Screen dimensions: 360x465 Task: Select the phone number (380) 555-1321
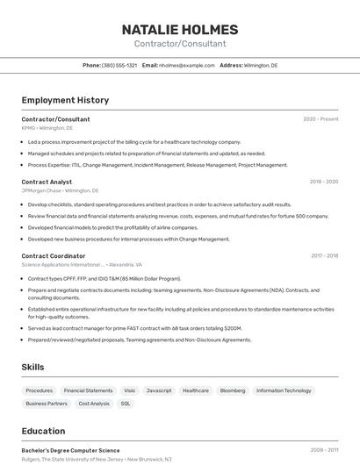119,65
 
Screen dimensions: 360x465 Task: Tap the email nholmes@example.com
186,65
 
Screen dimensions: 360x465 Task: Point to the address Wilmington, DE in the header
261,65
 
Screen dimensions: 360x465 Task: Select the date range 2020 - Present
320,118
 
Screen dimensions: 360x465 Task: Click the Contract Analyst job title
47,182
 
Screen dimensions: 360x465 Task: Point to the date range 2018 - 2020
323,182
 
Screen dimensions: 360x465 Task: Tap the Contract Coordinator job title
54,256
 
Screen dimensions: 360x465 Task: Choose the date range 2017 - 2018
324,256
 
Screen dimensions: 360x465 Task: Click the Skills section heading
33,367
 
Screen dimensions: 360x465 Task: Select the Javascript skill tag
159,390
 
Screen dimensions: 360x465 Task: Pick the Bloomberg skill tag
233,390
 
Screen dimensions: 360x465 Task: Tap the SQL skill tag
126,404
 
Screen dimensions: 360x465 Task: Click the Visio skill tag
129,390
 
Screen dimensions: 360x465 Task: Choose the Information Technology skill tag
284,390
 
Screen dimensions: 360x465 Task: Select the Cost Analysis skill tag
94,404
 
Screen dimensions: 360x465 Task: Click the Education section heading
44,431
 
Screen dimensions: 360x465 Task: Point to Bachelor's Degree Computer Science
71,450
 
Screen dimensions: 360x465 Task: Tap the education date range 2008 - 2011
323,450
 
